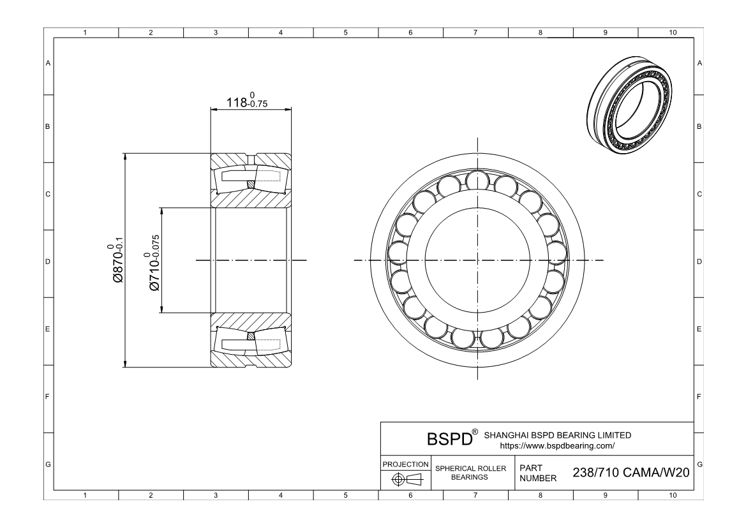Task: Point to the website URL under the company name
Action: coord(558,445)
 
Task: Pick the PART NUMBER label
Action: coord(539,473)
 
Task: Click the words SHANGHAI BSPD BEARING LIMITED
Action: coord(558,435)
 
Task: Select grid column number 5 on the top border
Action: coord(345,33)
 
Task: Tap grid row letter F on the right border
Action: coord(700,397)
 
